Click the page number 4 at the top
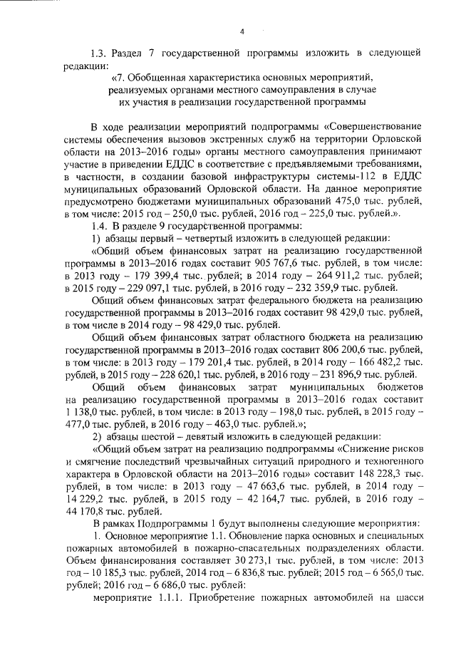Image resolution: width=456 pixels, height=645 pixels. coord(242,31)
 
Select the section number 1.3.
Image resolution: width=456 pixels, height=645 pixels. coord(99,53)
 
